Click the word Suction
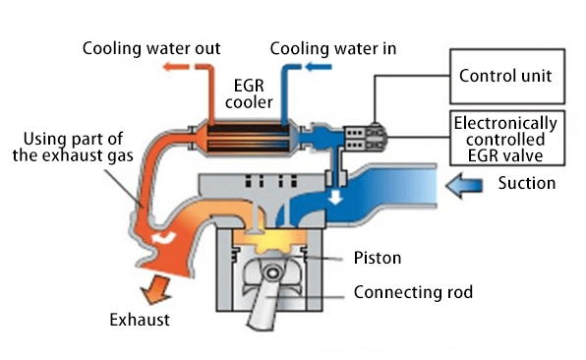pyautogui.click(x=527, y=183)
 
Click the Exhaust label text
pyautogui.click(x=139, y=320)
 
